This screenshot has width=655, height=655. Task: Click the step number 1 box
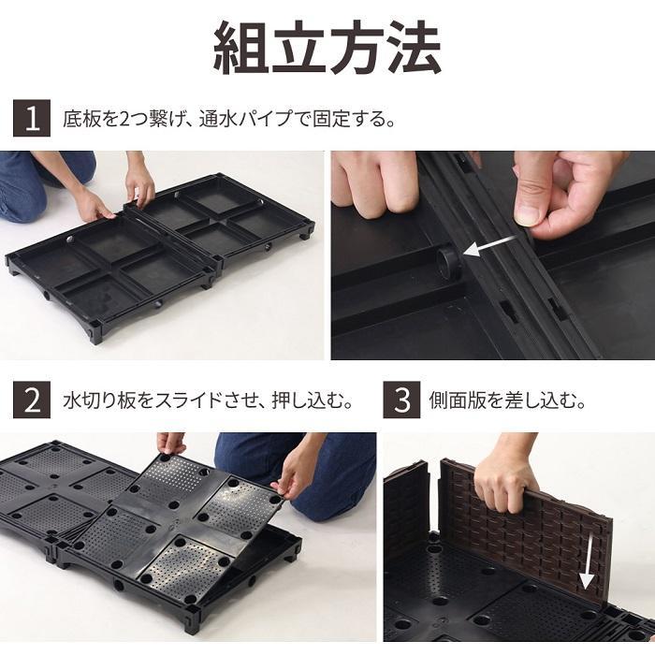pos(32,120)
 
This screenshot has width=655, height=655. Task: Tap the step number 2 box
pos(32,400)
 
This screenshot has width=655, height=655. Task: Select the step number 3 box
pos(402,400)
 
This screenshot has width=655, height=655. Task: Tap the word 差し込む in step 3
pos(543,400)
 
